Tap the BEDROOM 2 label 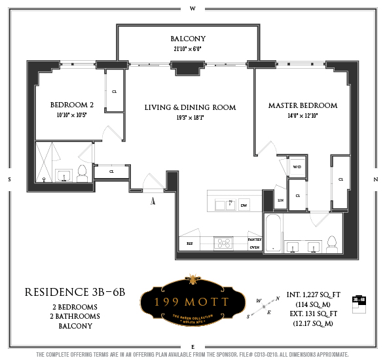click(73, 105)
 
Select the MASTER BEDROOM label click(302, 105)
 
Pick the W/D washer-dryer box click(297, 168)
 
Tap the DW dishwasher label click(243, 204)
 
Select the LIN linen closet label click(280, 200)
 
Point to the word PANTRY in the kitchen click(255, 240)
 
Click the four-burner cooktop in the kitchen click(225, 243)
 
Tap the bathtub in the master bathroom click(273, 233)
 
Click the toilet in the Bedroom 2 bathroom click(82, 173)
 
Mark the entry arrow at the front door click(153, 202)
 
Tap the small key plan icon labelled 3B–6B click(358, 299)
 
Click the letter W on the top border click(192, 9)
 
